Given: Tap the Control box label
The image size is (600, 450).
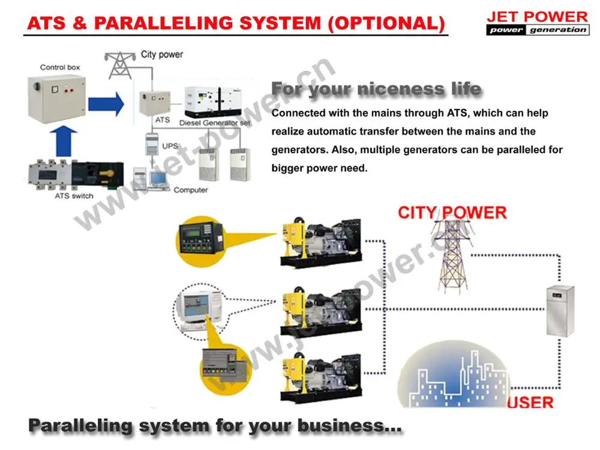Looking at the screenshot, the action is point(60,67).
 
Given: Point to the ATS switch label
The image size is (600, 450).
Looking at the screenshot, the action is point(74,196).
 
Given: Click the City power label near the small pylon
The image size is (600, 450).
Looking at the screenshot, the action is point(162,55).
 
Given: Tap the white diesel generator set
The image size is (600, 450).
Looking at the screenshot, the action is point(214,103).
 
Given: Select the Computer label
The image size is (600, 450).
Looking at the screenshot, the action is point(191,190).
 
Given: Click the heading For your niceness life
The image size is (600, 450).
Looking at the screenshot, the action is point(376,89).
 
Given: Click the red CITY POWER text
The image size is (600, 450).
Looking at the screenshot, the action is point(452,212).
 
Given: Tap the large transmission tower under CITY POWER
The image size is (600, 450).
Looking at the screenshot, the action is point(452,255).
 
